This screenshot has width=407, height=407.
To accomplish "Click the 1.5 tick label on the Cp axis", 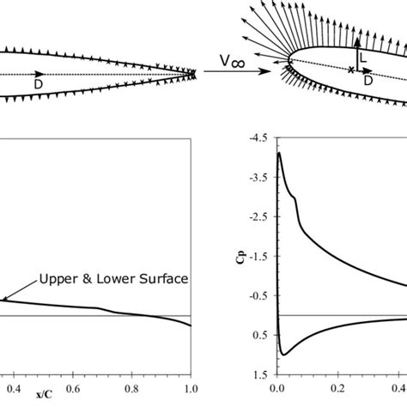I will tap(258, 374).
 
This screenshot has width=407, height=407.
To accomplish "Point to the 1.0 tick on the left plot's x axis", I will tap(191, 387).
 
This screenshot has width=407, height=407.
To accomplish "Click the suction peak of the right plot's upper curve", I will tap(278, 154).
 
